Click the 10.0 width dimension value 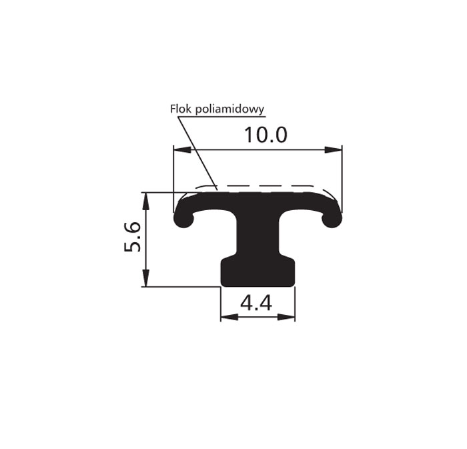click(x=266, y=135)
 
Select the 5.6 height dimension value click(x=132, y=237)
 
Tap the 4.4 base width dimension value click(x=256, y=304)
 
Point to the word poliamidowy click(x=230, y=109)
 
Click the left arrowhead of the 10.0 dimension click(x=182, y=149)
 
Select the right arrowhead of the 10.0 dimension click(x=334, y=149)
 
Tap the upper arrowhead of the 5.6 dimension click(x=145, y=201)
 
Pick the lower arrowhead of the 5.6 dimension click(x=145, y=278)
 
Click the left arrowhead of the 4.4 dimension click(x=229, y=318)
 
